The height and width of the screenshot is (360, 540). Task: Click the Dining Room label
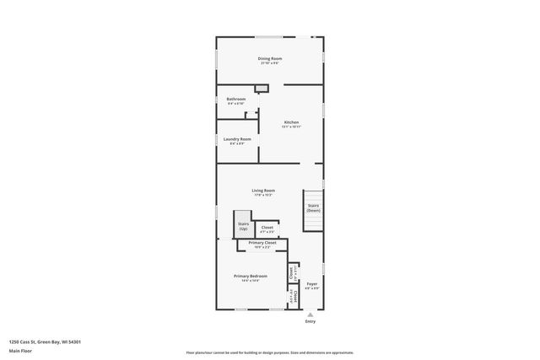tap(270, 58)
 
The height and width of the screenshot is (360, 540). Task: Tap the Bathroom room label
tap(235, 99)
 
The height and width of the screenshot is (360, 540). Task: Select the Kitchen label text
tap(290, 122)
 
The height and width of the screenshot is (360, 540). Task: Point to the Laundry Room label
tap(236, 139)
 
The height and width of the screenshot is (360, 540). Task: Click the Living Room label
tap(263, 191)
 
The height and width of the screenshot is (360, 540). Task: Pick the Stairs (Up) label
tap(243, 225)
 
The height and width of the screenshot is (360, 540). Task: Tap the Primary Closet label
tap(262, 243)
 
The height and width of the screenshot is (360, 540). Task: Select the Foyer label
tap(311, 284)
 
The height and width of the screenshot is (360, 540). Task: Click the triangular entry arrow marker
tap(310, 314)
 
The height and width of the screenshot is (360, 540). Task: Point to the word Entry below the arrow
tap(310, 321)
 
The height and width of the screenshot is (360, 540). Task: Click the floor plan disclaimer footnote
tap(270, 352)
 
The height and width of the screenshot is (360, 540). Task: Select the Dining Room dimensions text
tap(270, 63)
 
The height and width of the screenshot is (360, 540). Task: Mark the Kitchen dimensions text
tap(290, 127)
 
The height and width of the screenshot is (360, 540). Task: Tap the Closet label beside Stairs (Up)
tap(267, 228)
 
